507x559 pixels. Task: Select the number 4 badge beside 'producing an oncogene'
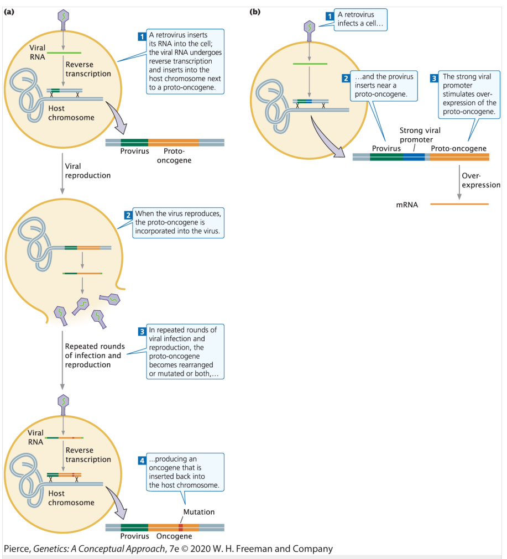click(142, 460)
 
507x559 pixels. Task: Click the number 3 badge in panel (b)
click(433, 77)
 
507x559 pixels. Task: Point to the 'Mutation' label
click(198, 512)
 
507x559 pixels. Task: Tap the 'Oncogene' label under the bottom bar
click(174, 536)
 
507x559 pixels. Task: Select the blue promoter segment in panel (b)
click(414, 157)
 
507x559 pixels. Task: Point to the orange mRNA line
click(459, 205)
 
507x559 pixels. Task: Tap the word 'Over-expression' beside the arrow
click(480, 180)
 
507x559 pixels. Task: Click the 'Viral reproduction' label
click(87, 170)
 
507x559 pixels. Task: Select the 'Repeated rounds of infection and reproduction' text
click(95, 356)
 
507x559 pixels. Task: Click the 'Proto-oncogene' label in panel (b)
click(458, 148)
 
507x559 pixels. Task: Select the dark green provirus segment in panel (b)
click(386, 157)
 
